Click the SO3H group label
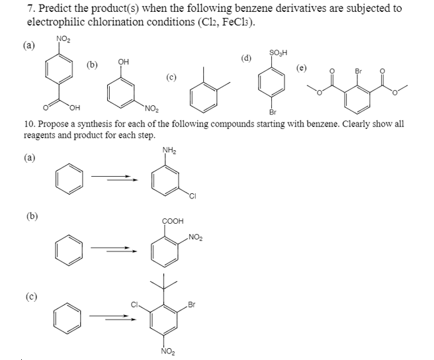[x=278, y=53]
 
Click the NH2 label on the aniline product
[x=168, y=150]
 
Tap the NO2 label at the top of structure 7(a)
[x=64, y=40]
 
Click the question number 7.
[x=30, y=8]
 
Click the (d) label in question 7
[x=246, y=57]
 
